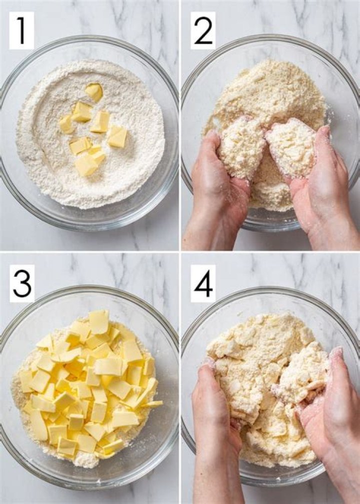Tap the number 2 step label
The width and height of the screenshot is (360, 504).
(203, 31)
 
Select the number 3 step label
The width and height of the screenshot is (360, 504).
(22, 284)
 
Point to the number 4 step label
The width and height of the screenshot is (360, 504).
(203, 284)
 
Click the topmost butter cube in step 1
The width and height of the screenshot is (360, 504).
(94, 91)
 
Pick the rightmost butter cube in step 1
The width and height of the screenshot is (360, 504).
(117, 136)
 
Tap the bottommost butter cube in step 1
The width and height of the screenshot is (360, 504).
(86, 165)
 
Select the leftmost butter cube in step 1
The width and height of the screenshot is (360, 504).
(66, 125)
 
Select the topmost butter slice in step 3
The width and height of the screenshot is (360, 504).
(99, 321)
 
